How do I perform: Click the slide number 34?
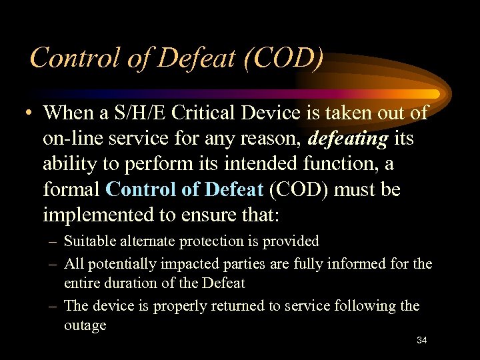point(421,340)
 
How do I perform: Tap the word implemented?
point(95,215)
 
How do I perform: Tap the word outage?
point(85,325)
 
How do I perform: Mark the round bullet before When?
point(25,114)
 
